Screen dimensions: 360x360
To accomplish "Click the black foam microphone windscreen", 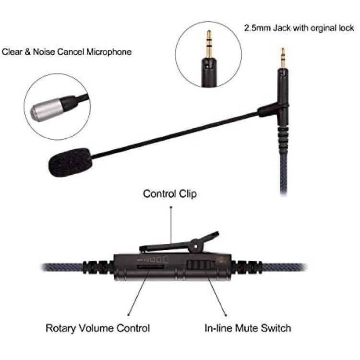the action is coord(71,162).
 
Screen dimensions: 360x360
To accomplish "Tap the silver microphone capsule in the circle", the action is coord(47,110).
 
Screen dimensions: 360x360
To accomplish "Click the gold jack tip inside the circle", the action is coord(209,44).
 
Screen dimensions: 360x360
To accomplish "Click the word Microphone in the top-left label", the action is coord(109,52).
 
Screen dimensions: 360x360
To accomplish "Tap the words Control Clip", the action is coord(170,194).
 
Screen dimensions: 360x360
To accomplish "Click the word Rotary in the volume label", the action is coord(60,328).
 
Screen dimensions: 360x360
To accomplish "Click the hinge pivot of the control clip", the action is coord(196,246).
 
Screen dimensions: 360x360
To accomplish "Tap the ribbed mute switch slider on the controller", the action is coord(200,265).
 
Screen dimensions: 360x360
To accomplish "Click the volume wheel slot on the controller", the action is coord(150,267).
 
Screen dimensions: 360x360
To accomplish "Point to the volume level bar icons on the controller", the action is coord(153,260).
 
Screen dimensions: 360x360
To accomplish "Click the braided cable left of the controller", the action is coord(62,267).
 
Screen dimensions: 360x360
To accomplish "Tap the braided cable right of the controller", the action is coord(284,267).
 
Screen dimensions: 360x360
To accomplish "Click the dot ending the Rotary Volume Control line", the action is coord(128,315).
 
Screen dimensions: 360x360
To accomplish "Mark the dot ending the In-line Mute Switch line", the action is coord(226,315).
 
